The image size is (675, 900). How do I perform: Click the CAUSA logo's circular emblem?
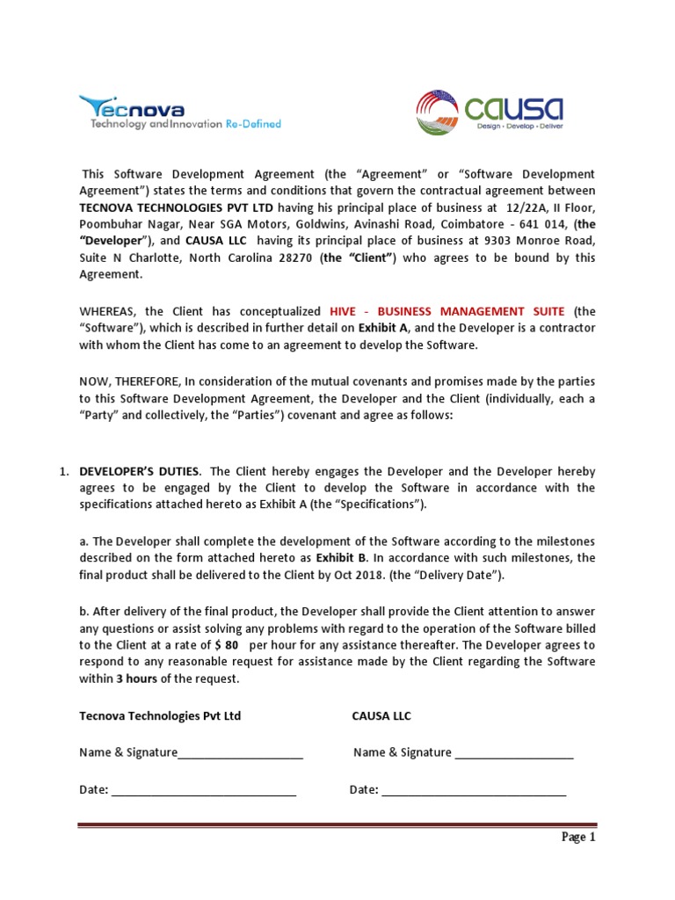coord(438,112)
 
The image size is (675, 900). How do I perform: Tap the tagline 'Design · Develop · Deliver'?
coord(519,127)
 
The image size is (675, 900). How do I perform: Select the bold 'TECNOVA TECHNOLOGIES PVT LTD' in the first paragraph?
coord(177,207)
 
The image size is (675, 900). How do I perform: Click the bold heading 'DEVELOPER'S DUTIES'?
coord(141,470)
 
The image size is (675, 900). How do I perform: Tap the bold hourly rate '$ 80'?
coord(226,644)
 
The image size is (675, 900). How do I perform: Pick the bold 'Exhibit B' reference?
coord(342,557)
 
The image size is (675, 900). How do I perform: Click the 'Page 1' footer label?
coord(579,837)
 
